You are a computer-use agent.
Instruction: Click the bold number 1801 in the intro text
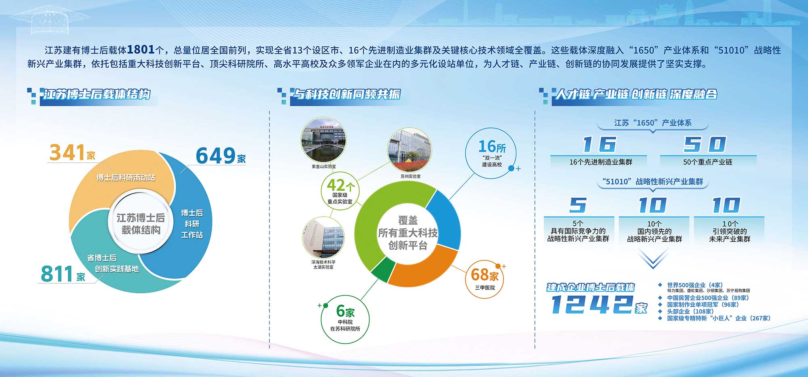(141, 50)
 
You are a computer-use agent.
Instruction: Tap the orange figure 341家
(72, 153)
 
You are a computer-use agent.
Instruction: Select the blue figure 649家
(221, 156)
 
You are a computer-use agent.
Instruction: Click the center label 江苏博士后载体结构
(141, 224)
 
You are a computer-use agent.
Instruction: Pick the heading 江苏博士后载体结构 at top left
(97, 94)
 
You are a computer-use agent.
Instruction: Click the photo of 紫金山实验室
(323, 139)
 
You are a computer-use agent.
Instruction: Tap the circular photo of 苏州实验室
(409, 150)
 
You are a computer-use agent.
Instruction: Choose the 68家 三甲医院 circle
(485, 279)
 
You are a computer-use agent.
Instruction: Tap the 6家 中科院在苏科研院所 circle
(345, 319)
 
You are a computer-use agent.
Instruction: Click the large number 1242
(591, 304)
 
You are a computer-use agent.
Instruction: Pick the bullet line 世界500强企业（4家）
(695, 285)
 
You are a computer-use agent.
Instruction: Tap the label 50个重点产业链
(708, 162)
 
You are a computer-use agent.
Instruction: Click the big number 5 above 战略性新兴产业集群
(578, 205)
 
